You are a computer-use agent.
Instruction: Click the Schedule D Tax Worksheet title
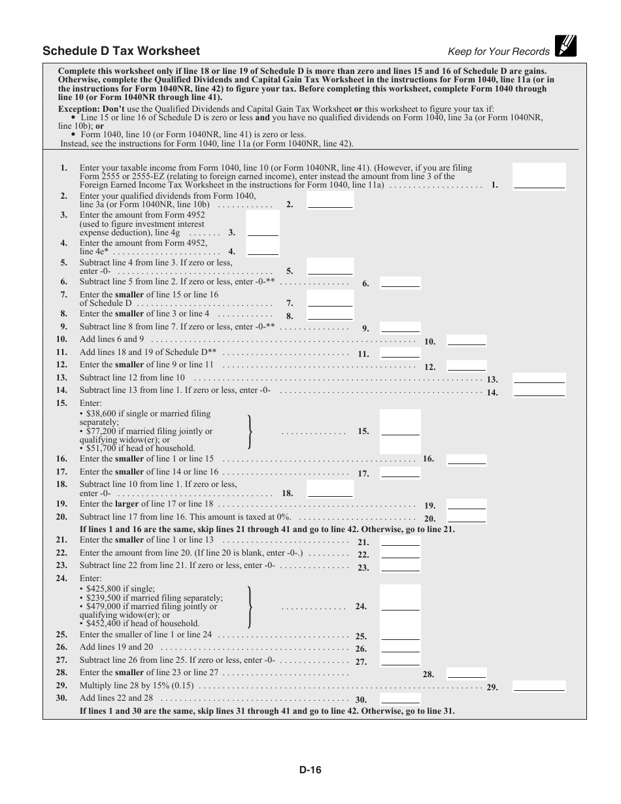[x=121, y=51]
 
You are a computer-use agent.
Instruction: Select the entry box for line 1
[x=539, y=176]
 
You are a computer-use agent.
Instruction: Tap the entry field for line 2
[x=330, y=200]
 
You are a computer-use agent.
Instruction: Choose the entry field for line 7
[x=330, y=299]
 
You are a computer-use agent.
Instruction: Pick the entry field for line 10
[x=467, y=340]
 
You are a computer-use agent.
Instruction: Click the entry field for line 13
[x=539, y=378]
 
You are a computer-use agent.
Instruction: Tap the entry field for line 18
[x=330, y=489]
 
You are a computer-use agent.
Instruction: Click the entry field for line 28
[x=467, y=673]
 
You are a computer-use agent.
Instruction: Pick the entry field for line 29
[x=539, y=686]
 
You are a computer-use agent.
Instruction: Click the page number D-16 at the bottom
[x=310, y=770]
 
